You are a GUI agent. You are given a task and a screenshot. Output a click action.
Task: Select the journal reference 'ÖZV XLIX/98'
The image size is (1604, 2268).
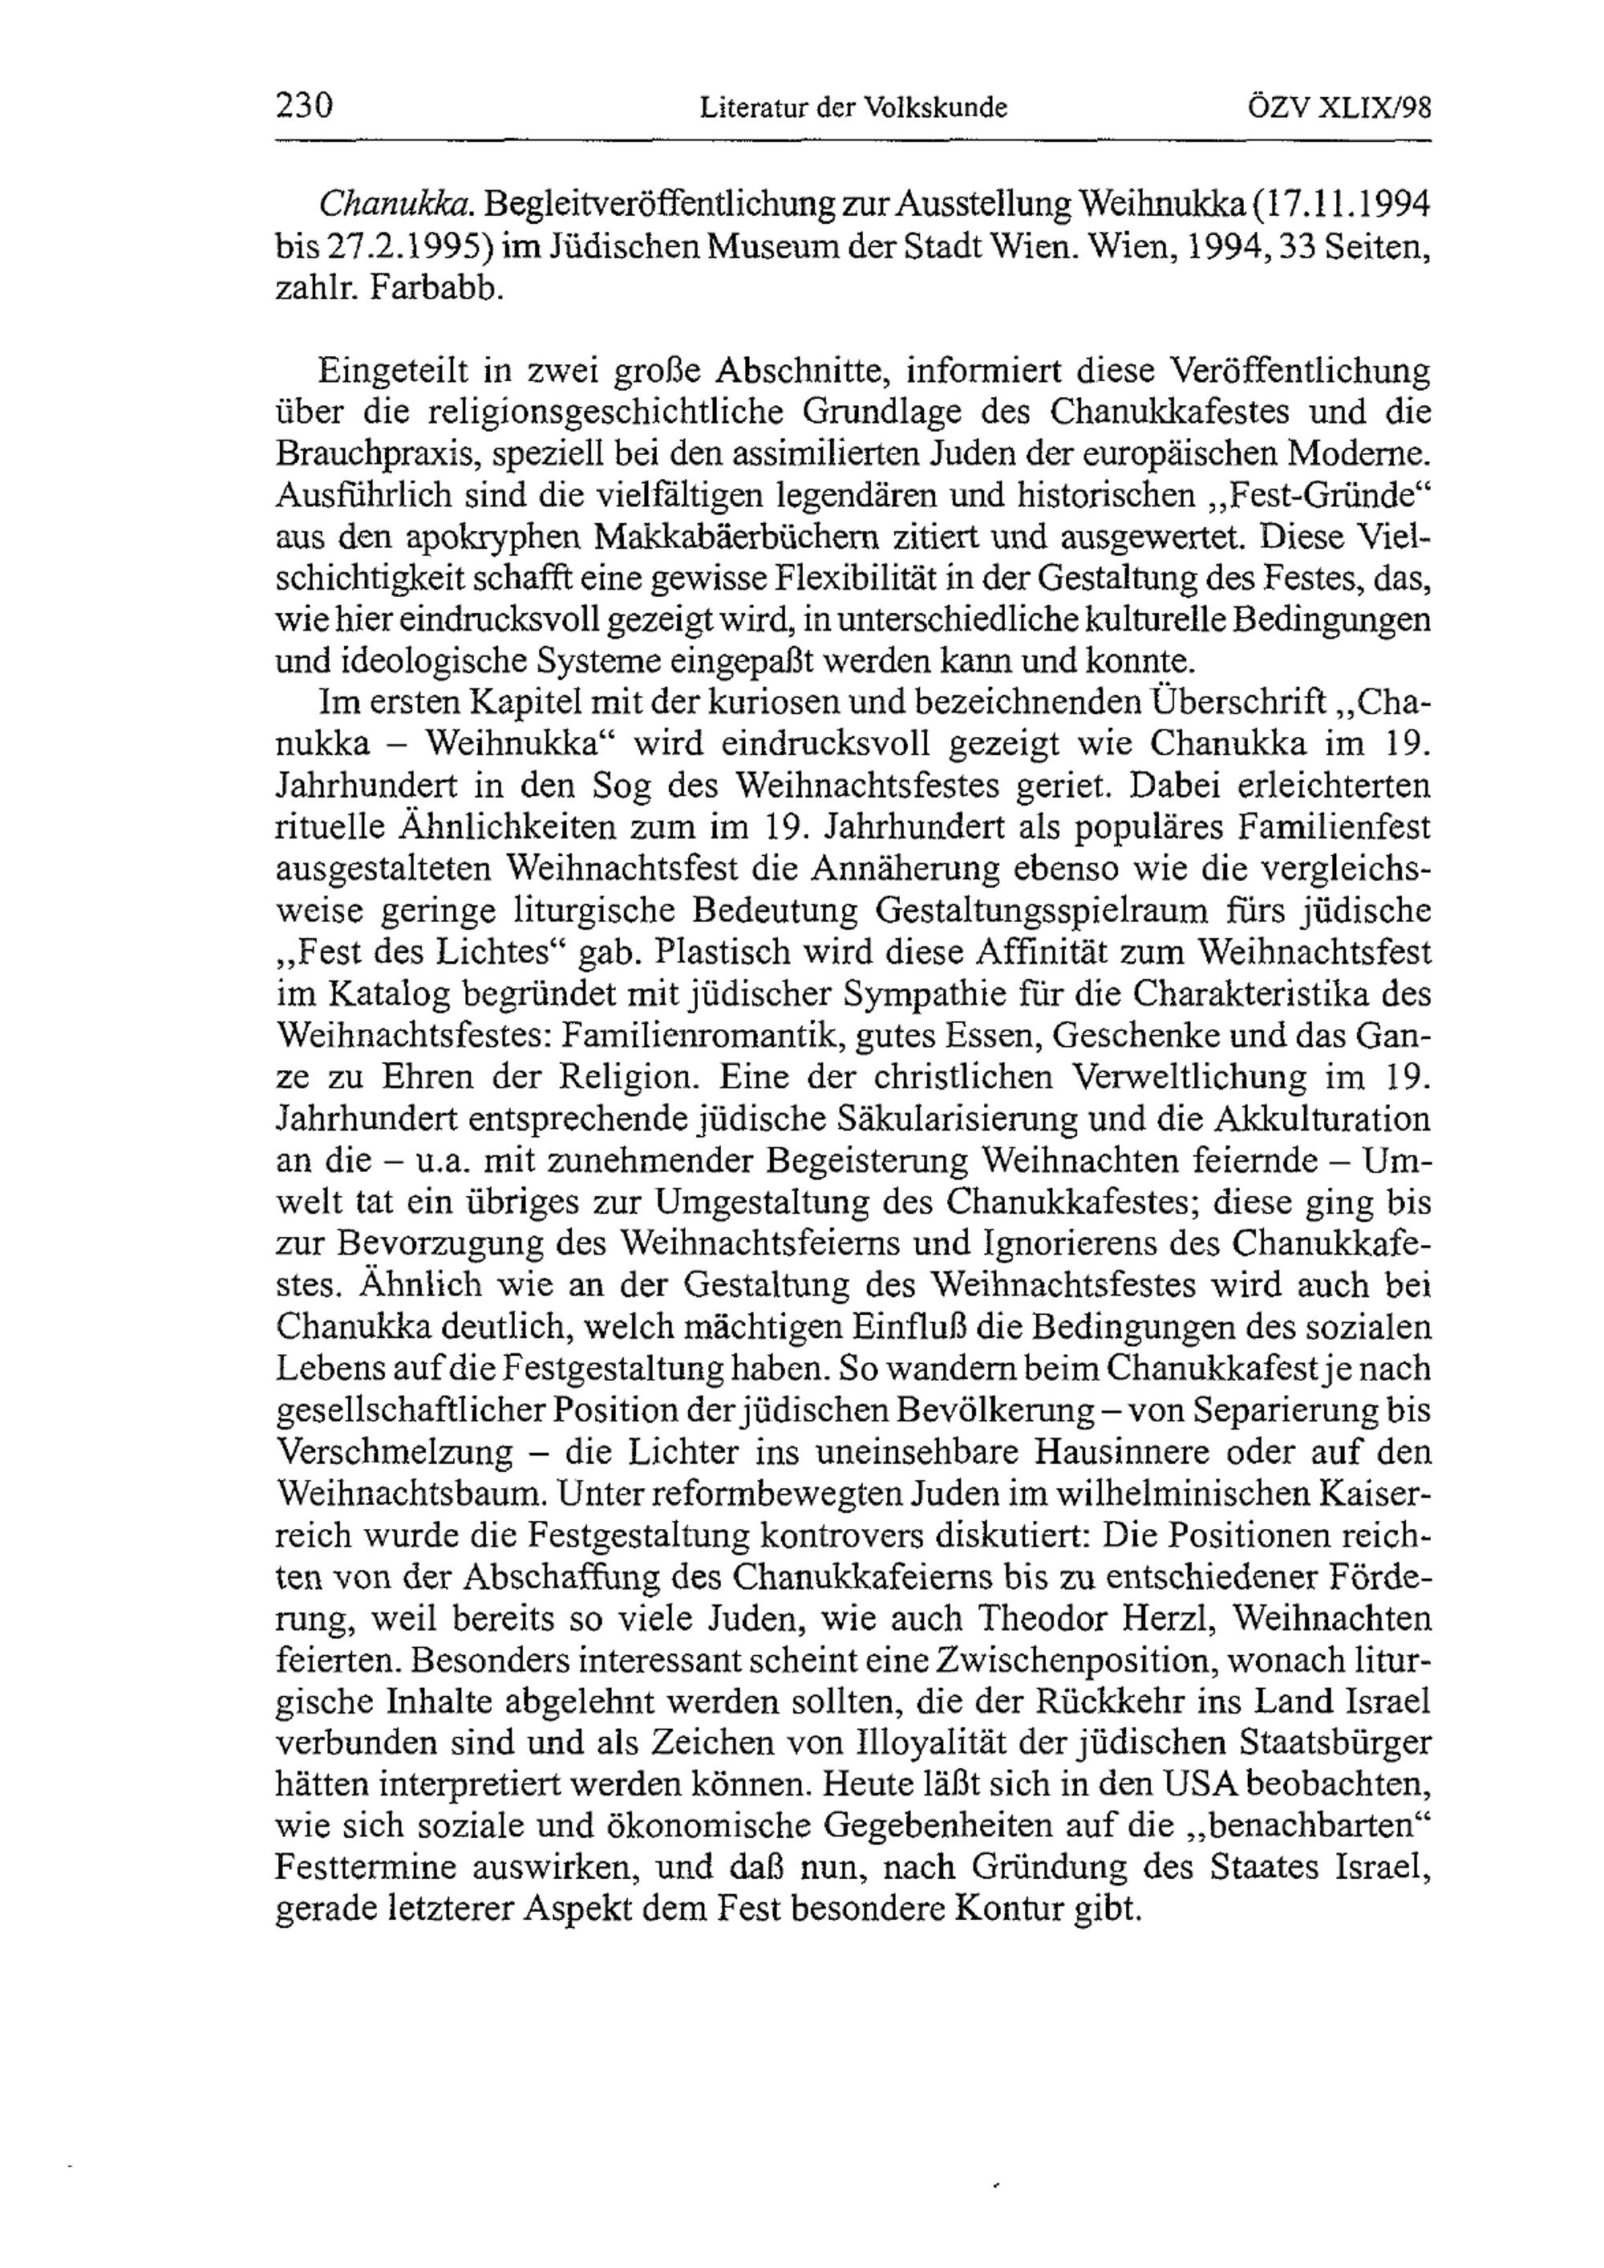pyautogui.click(x=1340, y=106)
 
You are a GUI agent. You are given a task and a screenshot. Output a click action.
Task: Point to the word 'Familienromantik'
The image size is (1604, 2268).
pyautogui.click(x=703, y=1035)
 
